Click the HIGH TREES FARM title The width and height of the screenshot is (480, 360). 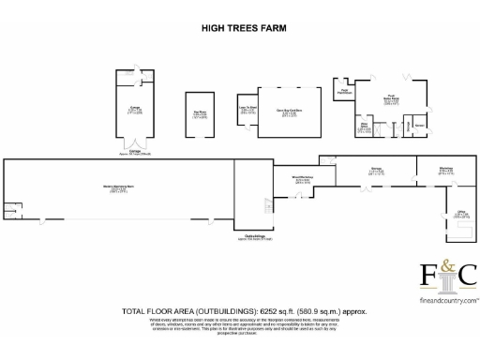point(240,28)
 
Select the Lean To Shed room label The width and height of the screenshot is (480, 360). point(247,111)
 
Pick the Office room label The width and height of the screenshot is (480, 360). point(461,215)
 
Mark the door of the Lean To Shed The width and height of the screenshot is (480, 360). point(248,94)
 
